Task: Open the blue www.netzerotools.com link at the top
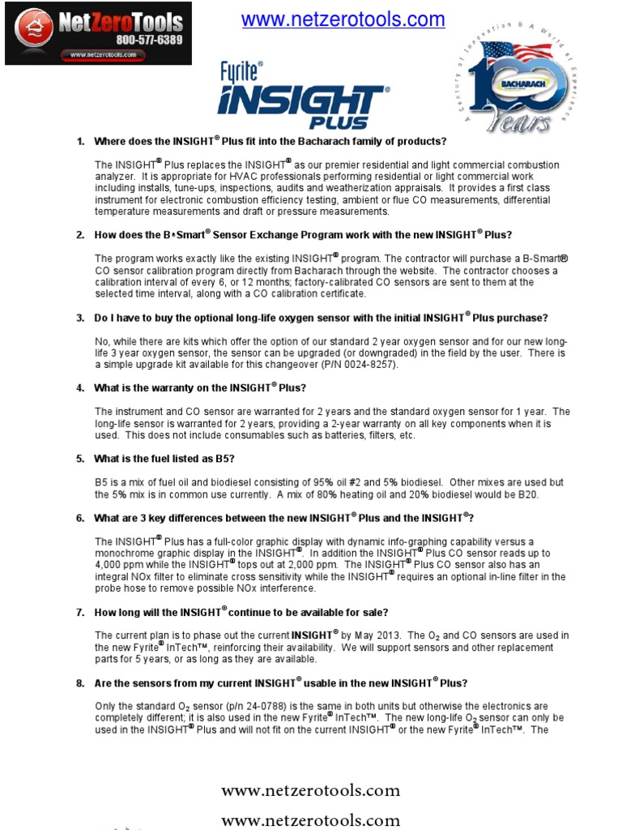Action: coord(343,19)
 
